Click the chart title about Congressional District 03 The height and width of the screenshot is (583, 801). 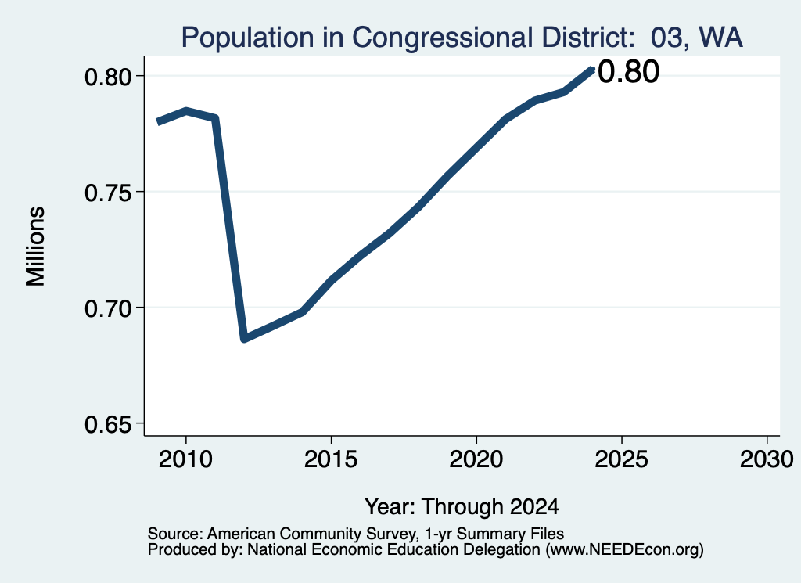462,38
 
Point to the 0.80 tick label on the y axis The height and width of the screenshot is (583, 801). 108,77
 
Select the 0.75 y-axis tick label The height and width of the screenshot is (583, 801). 108,193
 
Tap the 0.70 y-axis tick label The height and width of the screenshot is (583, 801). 108,309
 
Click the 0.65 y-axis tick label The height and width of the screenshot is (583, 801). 108,425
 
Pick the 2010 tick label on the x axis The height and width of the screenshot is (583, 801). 185,459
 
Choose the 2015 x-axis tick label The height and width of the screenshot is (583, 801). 331,459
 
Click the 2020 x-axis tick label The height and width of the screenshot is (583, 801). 476,459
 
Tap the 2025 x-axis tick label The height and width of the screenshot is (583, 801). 622,459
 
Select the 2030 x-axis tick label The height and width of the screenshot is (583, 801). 767,459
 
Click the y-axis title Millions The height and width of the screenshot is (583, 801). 36,247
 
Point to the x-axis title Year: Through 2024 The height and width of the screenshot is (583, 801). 462,507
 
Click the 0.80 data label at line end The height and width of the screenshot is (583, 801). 628,71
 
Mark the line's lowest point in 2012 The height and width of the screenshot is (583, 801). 244,338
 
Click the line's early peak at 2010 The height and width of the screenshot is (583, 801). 186,111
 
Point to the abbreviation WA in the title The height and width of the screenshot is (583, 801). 720,38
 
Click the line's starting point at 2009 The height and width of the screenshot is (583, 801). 158,122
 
